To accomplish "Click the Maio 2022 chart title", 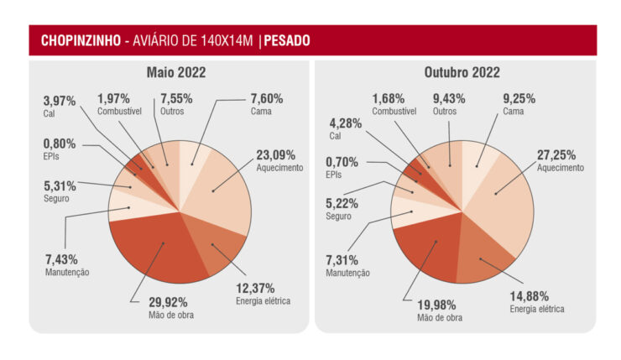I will (x=175, y=73).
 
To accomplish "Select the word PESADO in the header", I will (x=287, y=40).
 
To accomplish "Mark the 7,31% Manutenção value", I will (x=345, y=260).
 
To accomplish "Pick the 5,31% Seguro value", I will (x=60, y=186).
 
